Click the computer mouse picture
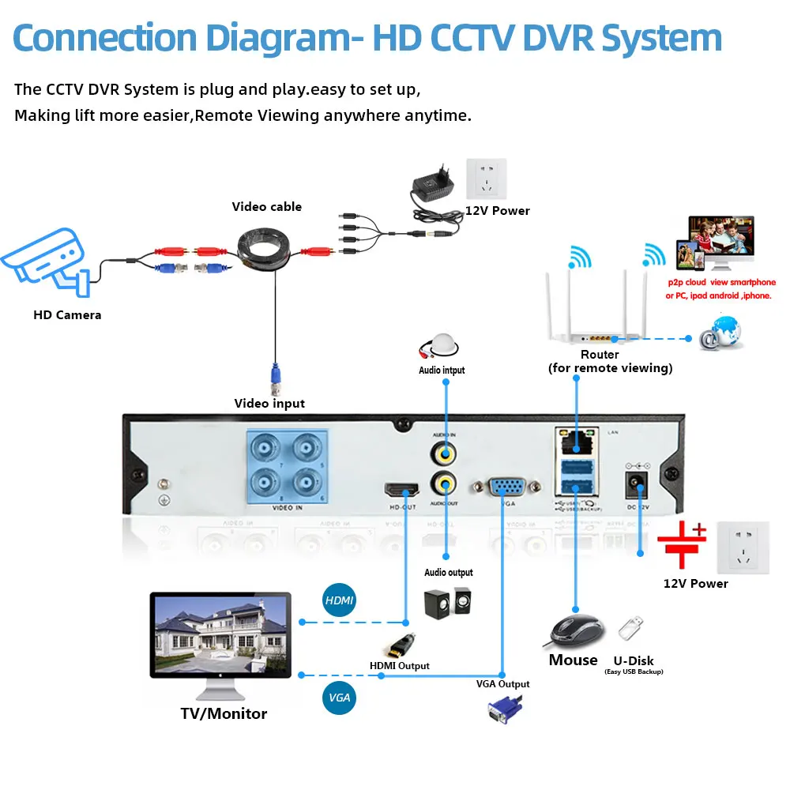577,630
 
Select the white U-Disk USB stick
630,629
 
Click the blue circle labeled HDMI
339,601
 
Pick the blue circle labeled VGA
339,698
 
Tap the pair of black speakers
448,604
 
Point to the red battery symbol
681,544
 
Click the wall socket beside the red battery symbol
743,547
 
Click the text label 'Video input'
269,403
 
